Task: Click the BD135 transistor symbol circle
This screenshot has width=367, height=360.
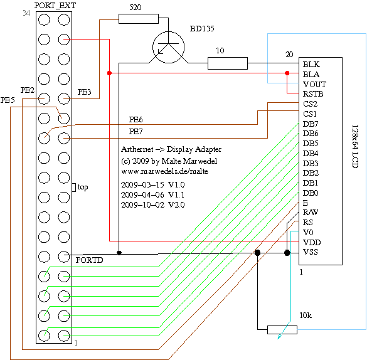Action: tap(153, 48)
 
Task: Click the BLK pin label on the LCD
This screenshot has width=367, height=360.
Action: tap(311, 65)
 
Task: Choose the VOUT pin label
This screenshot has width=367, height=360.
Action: tap(314, 84)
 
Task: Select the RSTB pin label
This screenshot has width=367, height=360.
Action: tap(313, 94)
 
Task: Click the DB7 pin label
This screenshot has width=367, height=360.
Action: tap(311, 124)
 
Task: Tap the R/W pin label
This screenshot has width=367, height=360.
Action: tap(311, 213)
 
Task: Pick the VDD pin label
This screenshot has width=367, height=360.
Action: tap(312, 242)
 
